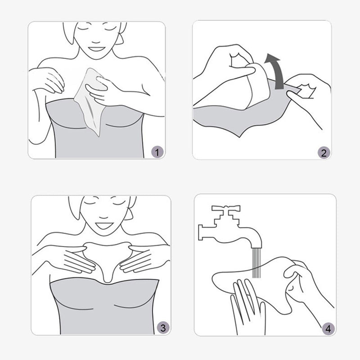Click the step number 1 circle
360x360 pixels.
click(157, 152)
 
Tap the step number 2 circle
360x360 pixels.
click(324, 153)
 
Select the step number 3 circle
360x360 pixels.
click(163, 328)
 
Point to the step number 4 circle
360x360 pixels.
click(328, 329)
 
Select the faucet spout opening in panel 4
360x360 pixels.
click(256, 246)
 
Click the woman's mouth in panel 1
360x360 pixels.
click(96, 49)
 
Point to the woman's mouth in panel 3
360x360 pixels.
click(104, 225)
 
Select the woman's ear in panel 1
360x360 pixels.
click(121, 38)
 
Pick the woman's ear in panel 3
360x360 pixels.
click(129, 213)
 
